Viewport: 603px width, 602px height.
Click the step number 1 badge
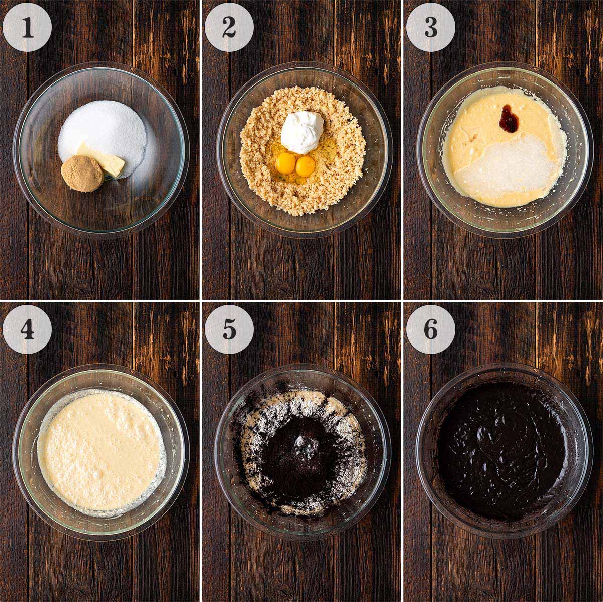[x=27, y=27]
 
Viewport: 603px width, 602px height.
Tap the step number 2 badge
[x=229, y=27]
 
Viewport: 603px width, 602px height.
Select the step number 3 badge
[x=431, y=27]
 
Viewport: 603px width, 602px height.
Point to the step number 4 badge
[x=27, y=329]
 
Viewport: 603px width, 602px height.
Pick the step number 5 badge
[x=229, y=329]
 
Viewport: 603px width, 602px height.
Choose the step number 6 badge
[x=431, y=329]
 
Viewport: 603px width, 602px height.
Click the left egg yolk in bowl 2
[x=286, y=162]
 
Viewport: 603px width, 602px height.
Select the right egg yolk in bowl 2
[x=305, y=166]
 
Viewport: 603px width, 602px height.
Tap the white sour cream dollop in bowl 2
[x=302, y=128]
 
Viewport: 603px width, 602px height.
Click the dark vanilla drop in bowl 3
[x=509, y=118]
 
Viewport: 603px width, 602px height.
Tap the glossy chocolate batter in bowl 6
[x=502, y=448]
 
